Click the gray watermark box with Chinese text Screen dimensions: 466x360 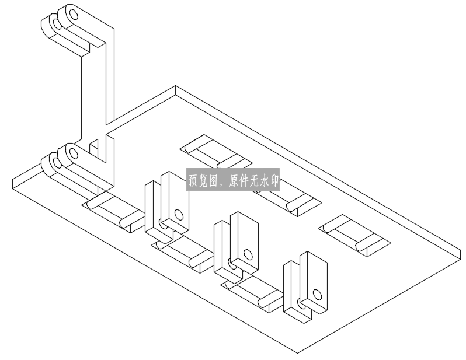(x=233, y=180)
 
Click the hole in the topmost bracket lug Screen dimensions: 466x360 (x=73, y=14)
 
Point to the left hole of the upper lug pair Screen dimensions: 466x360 (x=57, y=24)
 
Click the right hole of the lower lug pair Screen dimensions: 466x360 (x=73, y=153)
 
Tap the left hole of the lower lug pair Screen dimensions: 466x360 (x=57, y=163)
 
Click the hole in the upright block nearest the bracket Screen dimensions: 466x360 (x=178, y=215)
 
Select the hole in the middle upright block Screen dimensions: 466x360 (x=248, y=254)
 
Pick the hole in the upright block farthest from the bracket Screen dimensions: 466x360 (x=318, y=295)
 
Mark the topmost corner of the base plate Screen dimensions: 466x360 (x=175, y=86)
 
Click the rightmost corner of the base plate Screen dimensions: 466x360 (x=461, y=251)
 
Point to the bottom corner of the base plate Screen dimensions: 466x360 (x=297, y=353)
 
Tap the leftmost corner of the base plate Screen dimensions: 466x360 (x=13, y=179)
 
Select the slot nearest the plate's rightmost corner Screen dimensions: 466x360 (x=354, y=236)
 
